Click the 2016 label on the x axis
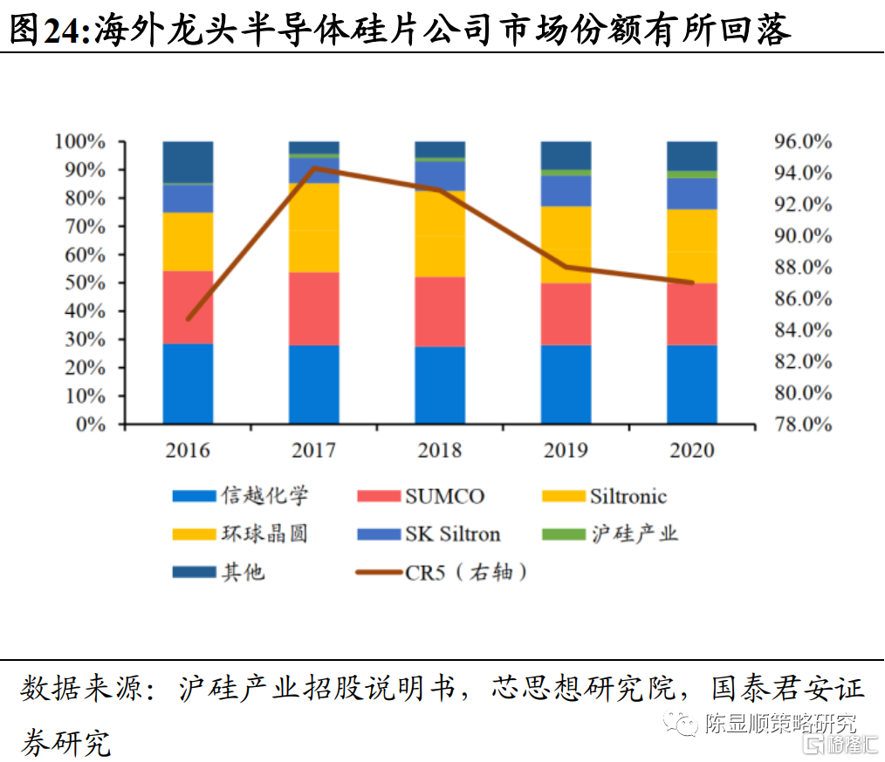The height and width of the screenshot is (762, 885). point(188,451)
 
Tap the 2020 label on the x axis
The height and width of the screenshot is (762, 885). point(691,451)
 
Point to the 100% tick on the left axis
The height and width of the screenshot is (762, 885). point(79,141)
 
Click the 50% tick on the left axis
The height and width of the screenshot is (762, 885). point(84,282)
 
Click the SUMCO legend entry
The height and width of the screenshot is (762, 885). point(443,497)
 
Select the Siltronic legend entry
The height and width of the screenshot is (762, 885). point(628,497)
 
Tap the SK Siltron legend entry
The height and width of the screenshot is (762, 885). point(452,534)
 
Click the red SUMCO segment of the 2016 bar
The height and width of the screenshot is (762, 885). point(188,307)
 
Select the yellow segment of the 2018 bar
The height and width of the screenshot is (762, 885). point(440,234)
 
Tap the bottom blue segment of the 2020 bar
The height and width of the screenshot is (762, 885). point(691,384)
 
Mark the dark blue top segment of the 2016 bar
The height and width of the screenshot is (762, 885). point(188,161)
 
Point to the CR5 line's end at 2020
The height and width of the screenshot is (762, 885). point(691,282)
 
